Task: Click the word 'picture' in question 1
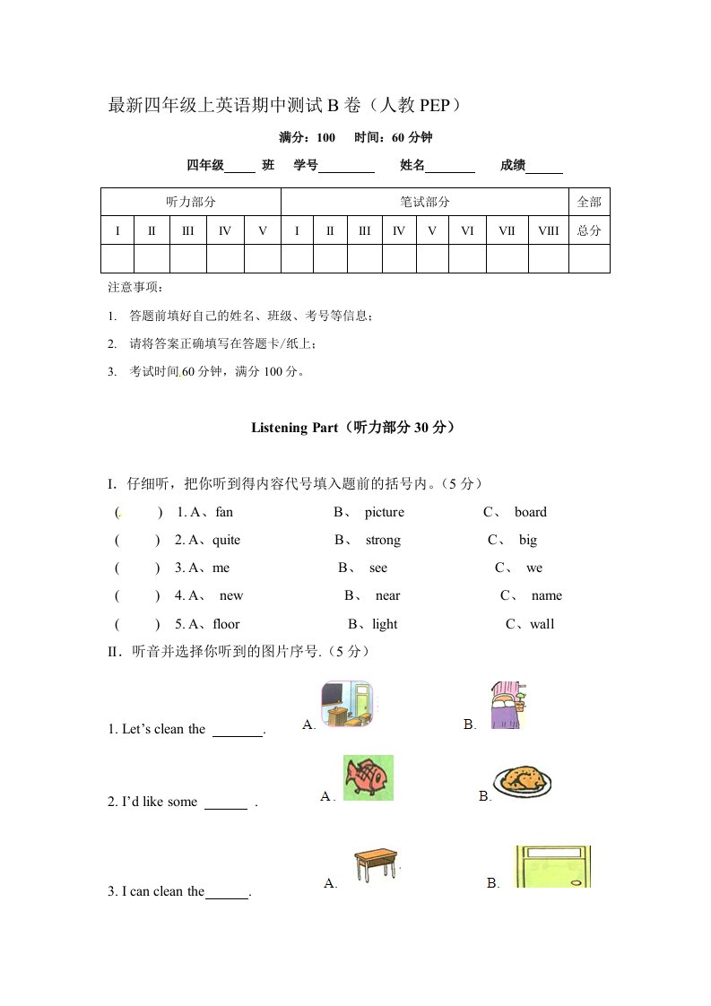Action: (x=385, y=513)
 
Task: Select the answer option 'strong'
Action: (x=383, y=541)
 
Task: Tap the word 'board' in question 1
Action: (x=530, y=513)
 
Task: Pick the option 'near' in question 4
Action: (x=387, y=596)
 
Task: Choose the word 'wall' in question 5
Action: (x=542, y=625)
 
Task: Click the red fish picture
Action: (x=368, y=777)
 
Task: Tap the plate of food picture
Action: (x=523, y=781)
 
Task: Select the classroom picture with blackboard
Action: (x=346, y=704)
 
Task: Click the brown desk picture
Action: (x=375, y=866)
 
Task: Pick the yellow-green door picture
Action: (x=552, y=867)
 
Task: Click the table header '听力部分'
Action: (x=191, y=203)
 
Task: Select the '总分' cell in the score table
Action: (x=589, y=230)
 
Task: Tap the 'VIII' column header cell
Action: (x=548, y=230)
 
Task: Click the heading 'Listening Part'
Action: (x=293, y=429)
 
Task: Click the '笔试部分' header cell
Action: (x=425, y=203)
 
